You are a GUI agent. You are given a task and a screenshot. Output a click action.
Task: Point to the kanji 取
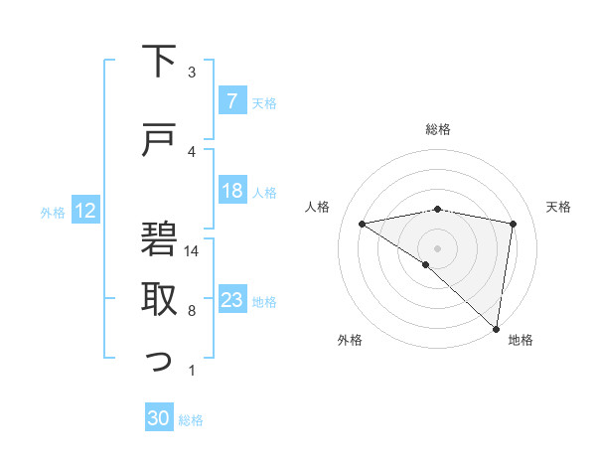coord(160,299)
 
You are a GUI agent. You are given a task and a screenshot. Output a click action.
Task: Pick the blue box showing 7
coord(231,101)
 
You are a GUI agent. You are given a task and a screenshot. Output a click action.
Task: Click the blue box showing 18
coord(231,191)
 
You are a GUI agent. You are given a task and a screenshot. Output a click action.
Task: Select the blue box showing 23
coord(231,301)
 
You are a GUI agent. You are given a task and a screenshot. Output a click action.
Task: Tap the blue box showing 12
coord(84,211)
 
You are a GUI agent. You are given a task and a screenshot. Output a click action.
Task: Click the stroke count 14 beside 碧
coord(193,251)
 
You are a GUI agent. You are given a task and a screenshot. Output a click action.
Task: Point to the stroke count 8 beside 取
coord(192,311)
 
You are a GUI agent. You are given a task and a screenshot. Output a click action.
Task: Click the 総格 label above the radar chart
coord(437,129)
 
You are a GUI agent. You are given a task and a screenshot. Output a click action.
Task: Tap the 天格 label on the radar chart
coord(559,207)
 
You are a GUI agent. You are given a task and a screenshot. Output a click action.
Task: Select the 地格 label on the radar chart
coord(521,341)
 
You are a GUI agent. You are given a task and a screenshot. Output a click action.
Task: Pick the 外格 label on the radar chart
coord(350,341)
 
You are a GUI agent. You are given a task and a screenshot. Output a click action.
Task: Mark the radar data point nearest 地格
coord(496,328)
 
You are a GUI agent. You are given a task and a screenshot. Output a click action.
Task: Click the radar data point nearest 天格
coord(514,224)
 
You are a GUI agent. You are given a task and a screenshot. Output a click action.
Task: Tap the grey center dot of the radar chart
coord(437,247)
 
